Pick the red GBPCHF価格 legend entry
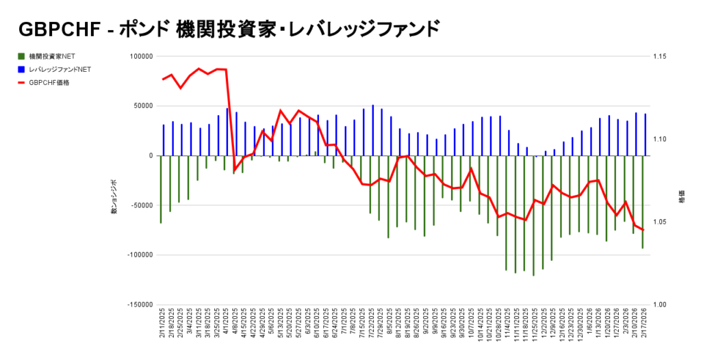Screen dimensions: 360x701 (49, 83)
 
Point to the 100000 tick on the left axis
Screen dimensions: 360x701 (141, 56)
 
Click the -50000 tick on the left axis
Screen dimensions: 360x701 (141, 205)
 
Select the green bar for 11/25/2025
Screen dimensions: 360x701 (533, 216)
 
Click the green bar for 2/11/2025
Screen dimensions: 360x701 (161, 189)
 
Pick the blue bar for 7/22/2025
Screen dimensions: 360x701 (372, 130)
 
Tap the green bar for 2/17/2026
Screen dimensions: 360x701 (642, 202)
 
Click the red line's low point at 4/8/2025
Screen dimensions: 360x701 (235, 169)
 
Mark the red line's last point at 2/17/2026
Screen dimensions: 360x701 (643, 230)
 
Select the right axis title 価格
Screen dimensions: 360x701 (681, 197)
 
